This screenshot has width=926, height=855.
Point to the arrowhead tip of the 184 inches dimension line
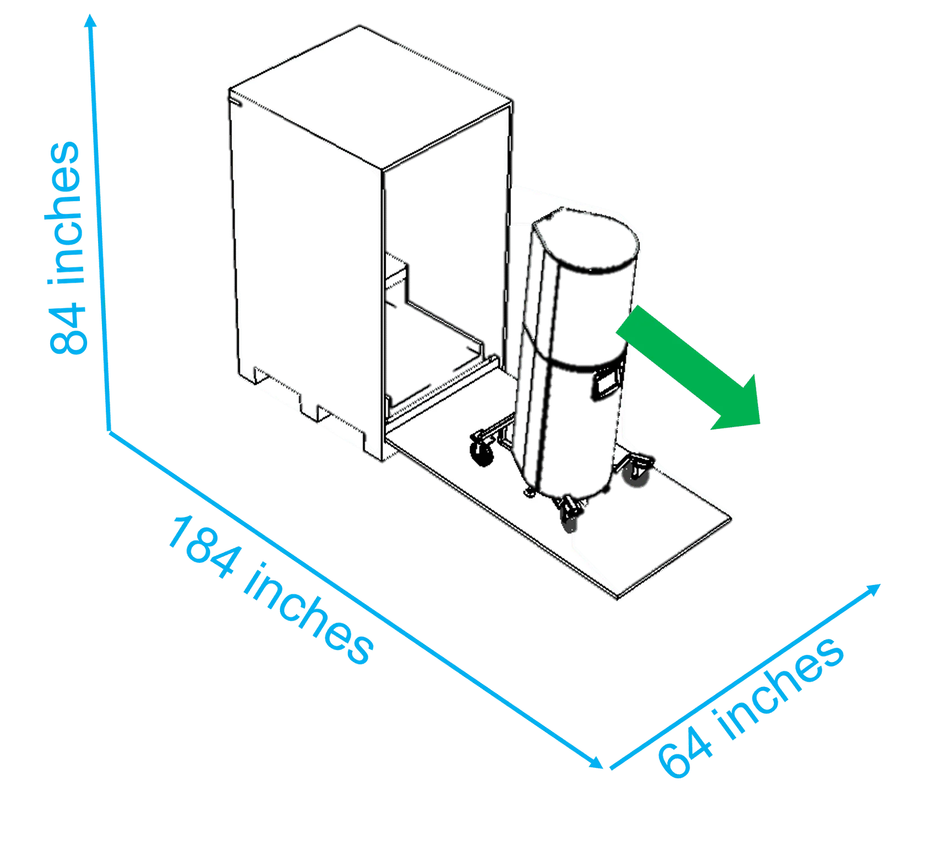point(604,767)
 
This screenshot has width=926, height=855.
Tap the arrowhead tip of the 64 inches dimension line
point(881,584)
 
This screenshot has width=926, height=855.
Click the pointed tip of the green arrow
point(761,424)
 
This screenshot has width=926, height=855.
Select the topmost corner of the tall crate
point(359,25)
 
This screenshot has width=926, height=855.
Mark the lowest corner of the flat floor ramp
point(618,599)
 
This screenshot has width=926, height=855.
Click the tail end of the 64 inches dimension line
point(611,768)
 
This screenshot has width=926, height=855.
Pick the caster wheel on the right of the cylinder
point(636,472)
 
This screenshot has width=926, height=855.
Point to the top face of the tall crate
point(370,97)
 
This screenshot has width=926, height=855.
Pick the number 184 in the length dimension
point(204,546)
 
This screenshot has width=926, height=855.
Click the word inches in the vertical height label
point(66,213)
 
